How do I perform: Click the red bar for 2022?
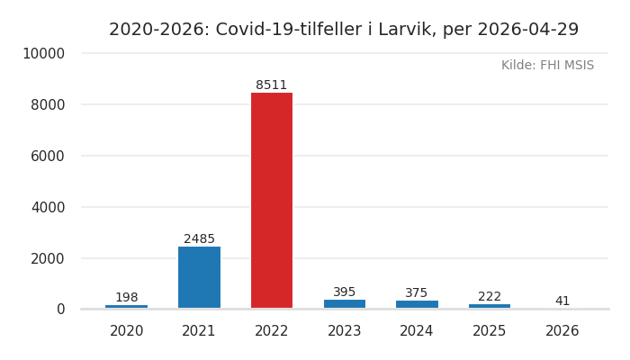(272, 201)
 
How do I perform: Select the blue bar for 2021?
(199, 277)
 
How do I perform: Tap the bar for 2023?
(345, 304)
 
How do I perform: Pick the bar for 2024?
(417, 304)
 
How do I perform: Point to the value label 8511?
(272, 85)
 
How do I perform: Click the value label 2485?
(199, 239)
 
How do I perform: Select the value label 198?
(127, 298)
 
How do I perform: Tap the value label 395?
(345, 292)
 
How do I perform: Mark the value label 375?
(417, 293)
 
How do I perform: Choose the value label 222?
(490, 297)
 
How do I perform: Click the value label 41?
(562, 301)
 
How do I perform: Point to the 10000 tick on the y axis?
(43, 54)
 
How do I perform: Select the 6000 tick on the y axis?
(47, 156)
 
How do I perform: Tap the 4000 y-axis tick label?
(47, 207)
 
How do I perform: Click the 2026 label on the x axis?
(562, 331)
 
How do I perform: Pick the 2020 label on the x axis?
(127, 331)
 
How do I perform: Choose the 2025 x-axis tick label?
(490, 331)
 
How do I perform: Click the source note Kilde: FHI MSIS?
(547, 66)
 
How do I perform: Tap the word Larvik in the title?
(404, 30)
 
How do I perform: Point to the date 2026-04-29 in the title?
(526, 30)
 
